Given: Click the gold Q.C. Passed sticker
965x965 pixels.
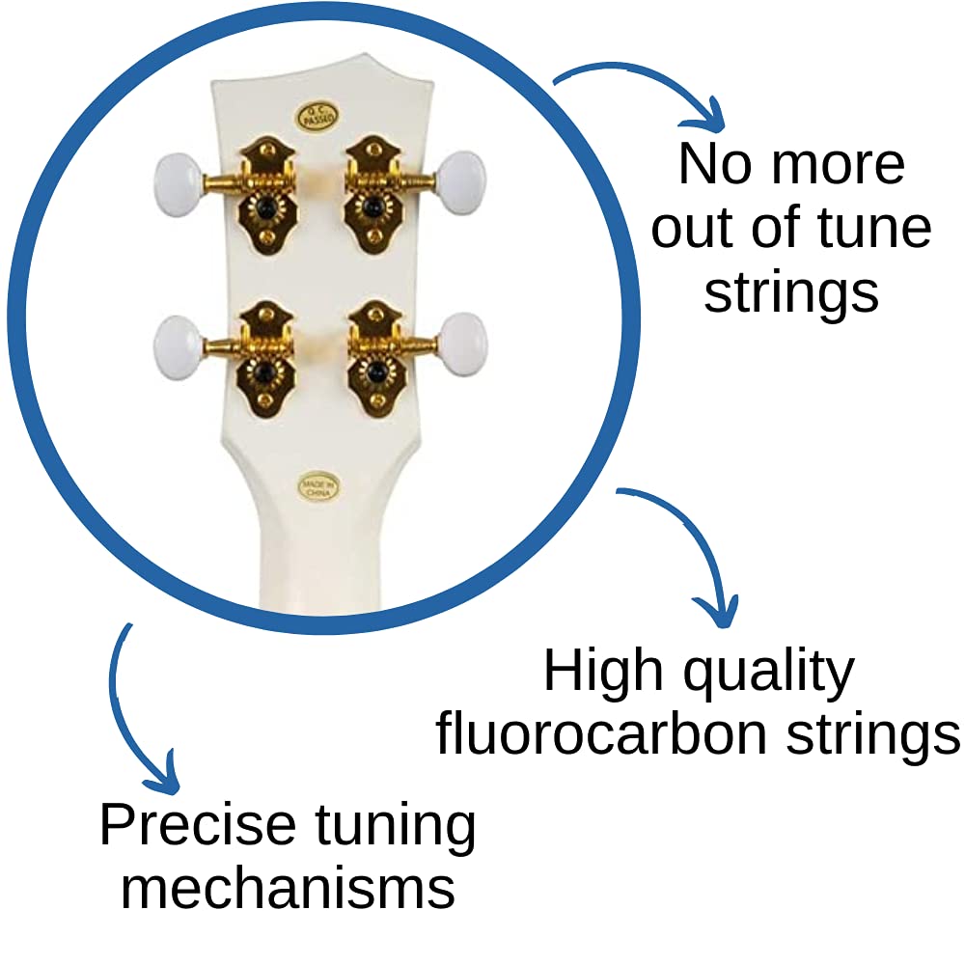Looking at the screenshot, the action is pyautogui.click(x=317, y=117).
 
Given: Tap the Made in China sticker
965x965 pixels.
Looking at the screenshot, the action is pyautogui.click(x=318, y=486).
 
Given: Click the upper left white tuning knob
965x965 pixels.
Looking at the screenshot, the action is pyautogui.click(x=178, y=184).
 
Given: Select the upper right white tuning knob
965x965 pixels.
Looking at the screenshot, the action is pyautogui.click(x=461, y=183).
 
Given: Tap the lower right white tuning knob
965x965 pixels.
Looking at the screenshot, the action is pyautogui.click(x=463, y=345).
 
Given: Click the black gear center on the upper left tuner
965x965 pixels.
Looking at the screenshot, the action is pyautogui.click(x=266, y=209).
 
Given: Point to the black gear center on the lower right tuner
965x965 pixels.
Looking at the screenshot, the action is pyautogui.click(x=376, y=372).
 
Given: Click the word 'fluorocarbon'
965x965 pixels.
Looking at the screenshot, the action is pyautogui.click(x=601, y=733).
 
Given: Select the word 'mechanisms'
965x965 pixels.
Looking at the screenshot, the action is pyautogui.click(x=288, y=890).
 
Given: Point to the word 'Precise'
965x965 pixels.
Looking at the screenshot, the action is pyautogui.click(x=198, y=825).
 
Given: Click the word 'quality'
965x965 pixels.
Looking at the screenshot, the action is pyautogui.click(x=769, y=674).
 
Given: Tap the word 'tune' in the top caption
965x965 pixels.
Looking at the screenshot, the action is pyautogui.click(x=874, y=228).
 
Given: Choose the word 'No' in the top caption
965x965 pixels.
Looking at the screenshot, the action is pyautogui.click(x=714, y=164).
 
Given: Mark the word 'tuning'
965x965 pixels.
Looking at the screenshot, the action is pyautogui.click(x=395, y=828).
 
